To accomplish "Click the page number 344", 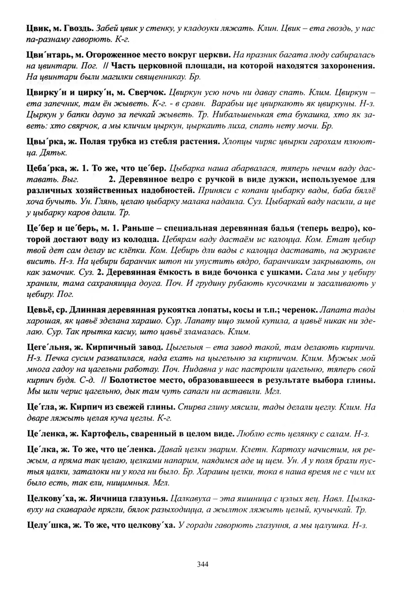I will pos(202,564).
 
